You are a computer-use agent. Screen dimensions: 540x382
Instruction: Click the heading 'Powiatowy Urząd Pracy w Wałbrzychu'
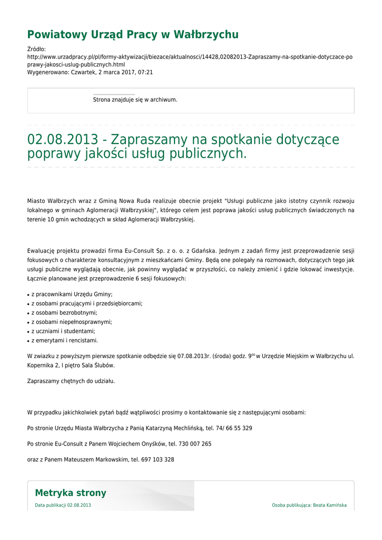tap(133, 35)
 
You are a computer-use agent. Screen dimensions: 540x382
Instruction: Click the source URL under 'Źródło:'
tap(190, 60)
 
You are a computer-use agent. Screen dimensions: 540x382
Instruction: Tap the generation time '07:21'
tap(146, 72)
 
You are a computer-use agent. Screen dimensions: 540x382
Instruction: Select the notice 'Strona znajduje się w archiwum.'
tap(135, 100)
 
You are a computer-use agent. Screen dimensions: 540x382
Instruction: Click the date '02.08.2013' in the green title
tap(63, 140)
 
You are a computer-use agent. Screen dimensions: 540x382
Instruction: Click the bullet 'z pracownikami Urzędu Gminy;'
tap(72, 294)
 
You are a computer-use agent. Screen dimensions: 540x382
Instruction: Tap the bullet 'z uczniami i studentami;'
tap(63, 331)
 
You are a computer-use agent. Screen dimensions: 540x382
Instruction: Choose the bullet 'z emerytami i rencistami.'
tap(65, 340)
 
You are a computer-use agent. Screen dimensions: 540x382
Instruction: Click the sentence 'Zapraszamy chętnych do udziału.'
tap(71, 381)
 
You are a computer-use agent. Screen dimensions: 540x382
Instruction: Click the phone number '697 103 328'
tap(158, 460)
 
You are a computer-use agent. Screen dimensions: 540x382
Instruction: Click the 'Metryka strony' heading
tap(71, 493)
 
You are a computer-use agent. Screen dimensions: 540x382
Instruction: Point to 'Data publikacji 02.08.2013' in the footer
tap(63, 505)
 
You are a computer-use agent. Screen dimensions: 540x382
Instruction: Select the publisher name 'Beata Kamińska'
tap(330, 505)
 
